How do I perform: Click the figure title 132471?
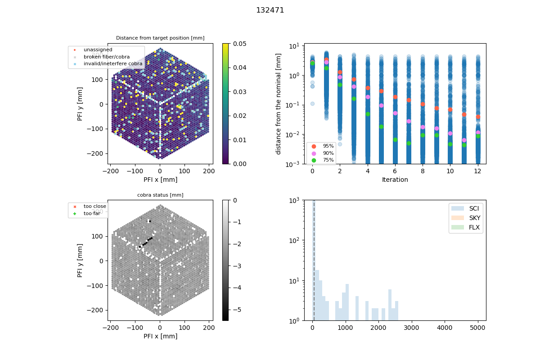pos(270,10)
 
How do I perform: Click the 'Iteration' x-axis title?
pos(395,180)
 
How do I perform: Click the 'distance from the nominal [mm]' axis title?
pos(279,103)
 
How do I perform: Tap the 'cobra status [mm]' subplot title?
pos(160,195)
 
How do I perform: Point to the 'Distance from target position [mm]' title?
pos(160,38)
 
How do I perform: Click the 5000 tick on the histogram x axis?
pos(478,328)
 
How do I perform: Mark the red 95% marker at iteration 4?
pos(368,88)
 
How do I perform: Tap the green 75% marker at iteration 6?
pos(395,139)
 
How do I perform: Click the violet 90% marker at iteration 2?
pos(340,77)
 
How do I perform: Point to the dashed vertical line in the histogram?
pos(314,261)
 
